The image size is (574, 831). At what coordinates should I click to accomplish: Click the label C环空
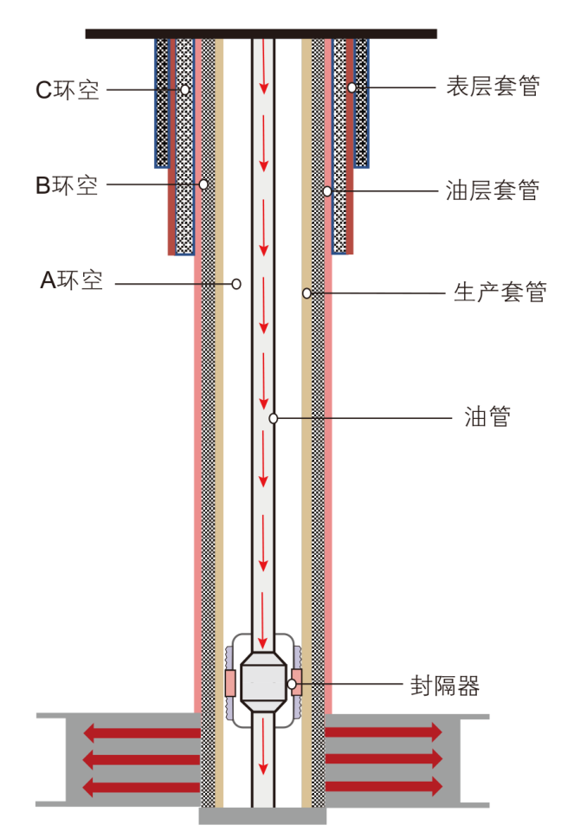point(67,90)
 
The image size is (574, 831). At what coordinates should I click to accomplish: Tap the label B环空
point(67,185)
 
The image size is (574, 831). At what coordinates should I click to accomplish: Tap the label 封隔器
point(445,686)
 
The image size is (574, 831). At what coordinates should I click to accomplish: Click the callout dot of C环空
point(184,89)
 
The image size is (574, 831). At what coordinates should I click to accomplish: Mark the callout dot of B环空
point(203,184)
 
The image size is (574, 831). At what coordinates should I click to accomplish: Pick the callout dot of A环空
point(235,283)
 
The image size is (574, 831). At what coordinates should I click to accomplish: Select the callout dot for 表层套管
point(351,87)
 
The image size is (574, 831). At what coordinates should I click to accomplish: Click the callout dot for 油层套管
point(327,190)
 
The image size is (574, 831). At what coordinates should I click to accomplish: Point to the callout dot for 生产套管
point(306,293)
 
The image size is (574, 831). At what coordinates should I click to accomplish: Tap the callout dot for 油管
point(273,419)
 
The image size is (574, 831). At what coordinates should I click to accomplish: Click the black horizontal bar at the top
point(261,34)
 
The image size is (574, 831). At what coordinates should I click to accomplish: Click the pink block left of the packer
point(230,682)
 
